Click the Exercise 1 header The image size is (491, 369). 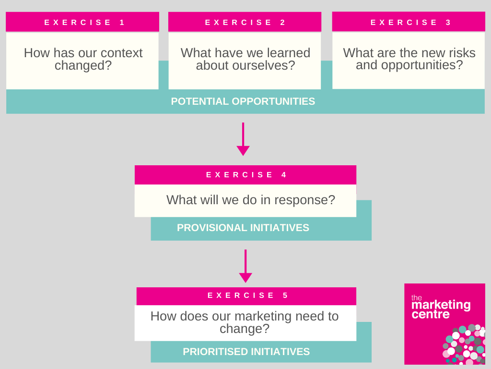point(82,22)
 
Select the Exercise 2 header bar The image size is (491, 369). point(245,22)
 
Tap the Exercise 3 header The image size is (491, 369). point(409,22)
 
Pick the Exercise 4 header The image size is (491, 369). point(245,175)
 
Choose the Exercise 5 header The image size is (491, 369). point(246,296)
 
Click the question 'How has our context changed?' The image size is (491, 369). point(83,59)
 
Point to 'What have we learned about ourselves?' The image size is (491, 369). point(245,59)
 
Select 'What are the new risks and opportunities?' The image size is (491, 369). point(409,59)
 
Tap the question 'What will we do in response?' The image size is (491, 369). point(250,200)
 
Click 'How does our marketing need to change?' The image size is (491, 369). point(245,322)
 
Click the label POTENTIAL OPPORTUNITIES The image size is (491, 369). point(243,101)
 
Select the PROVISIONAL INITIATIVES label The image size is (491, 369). point(243,227)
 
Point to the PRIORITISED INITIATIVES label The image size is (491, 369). point(246,351)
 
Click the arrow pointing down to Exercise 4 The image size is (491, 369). point(243,139)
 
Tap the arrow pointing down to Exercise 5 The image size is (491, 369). point(245,266)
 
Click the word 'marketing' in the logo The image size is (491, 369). point(441,305)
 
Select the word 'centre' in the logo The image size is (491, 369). point(431,314)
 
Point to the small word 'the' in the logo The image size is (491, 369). point(417,297)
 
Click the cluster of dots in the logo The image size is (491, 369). point(464,344)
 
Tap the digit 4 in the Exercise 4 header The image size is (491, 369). point(284,175)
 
